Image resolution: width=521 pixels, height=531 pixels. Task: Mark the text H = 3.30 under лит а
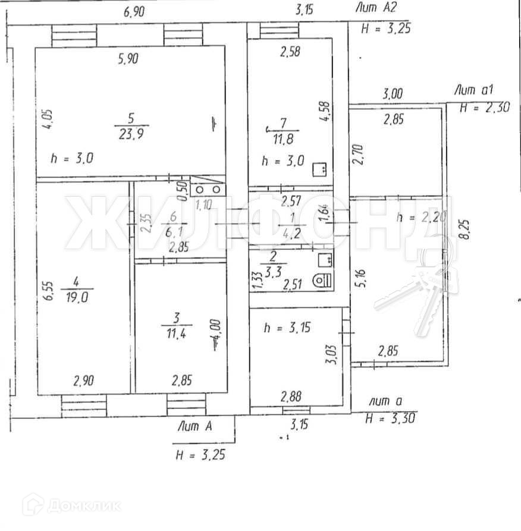pyautogui.click(x=390, y=419)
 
